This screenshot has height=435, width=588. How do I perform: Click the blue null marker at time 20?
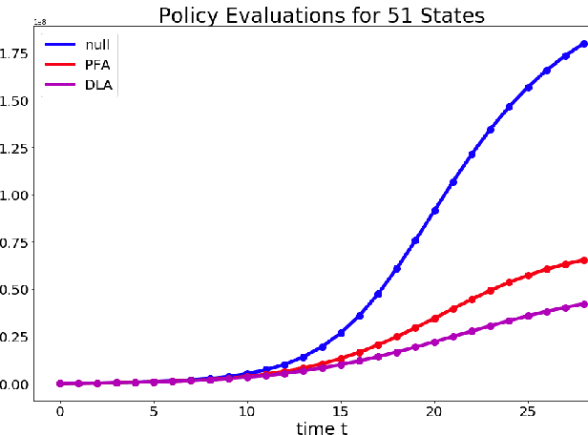434,211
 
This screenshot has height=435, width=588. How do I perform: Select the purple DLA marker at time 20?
434,342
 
